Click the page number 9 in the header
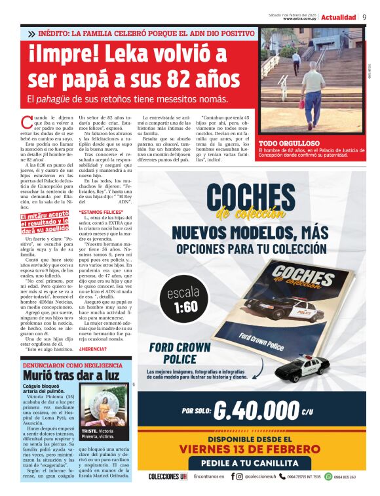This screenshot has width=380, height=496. (365, 16)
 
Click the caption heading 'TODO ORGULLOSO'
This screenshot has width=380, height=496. (289, 143)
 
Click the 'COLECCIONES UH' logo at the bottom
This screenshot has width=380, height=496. (168, 477)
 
